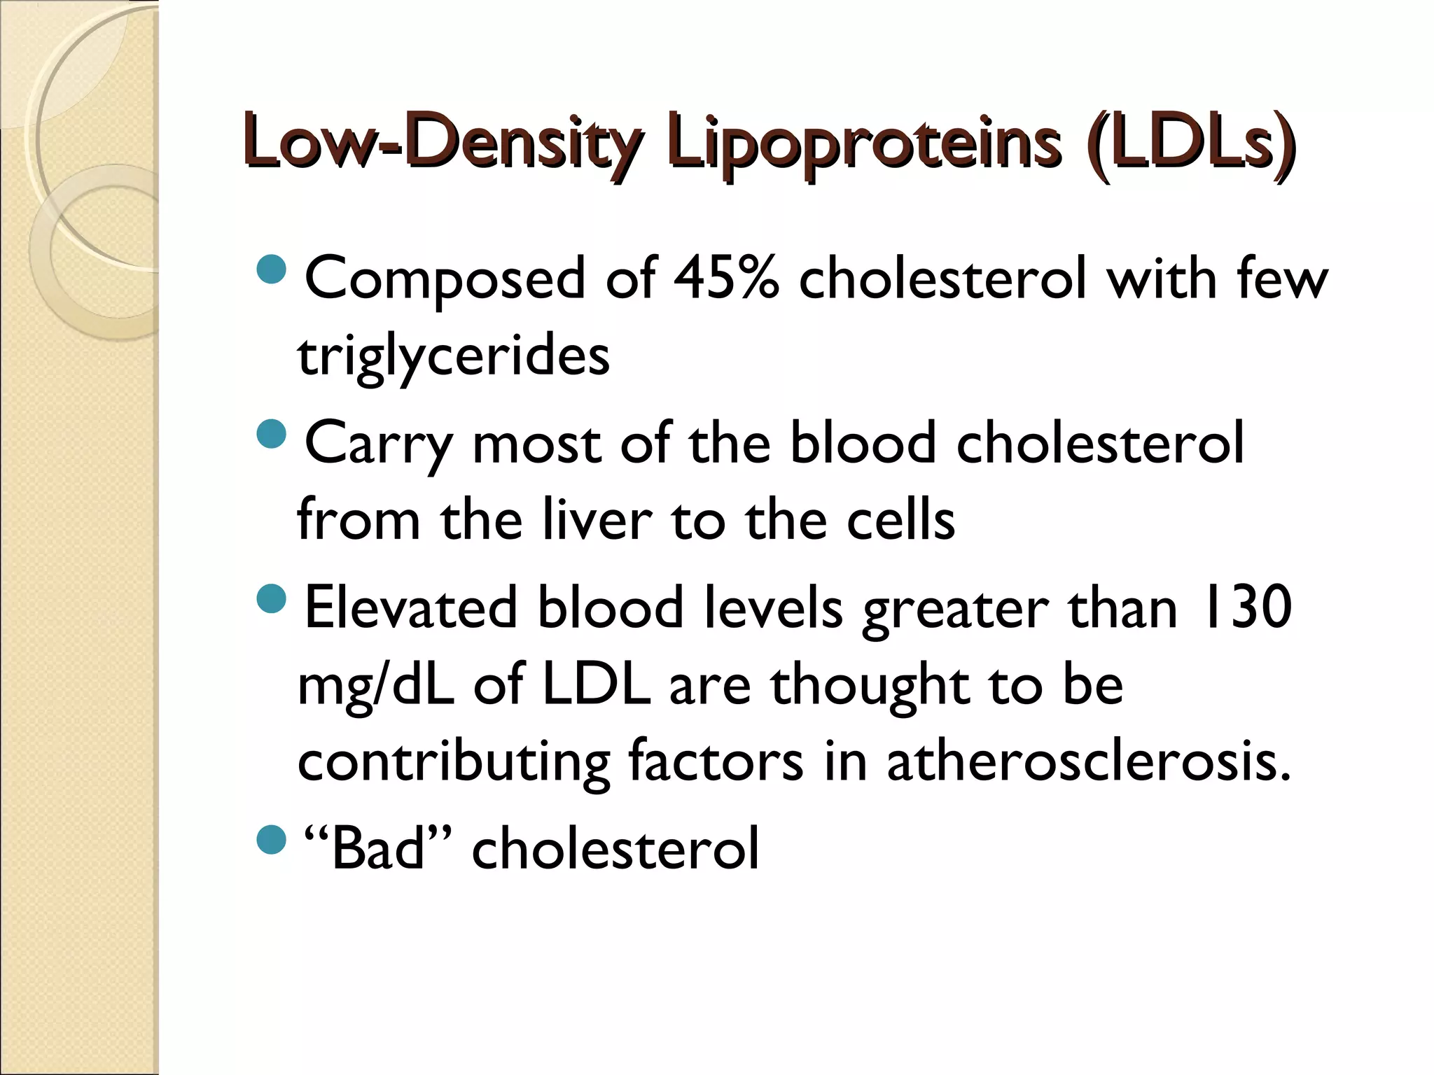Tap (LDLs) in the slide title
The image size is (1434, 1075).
click(1188, 142)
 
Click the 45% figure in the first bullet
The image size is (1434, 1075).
click(726, 279)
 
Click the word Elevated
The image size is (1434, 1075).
click(411, 607)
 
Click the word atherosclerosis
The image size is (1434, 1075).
click(1088, 761)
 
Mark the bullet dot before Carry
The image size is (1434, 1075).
click(272, 435)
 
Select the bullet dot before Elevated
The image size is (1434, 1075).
click(272, 598)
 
